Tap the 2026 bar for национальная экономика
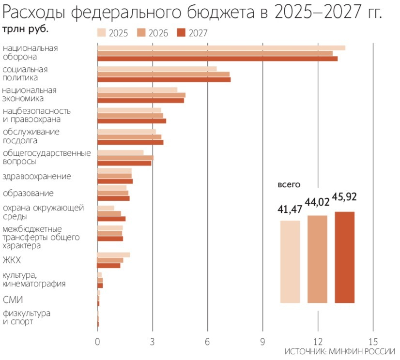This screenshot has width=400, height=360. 141,95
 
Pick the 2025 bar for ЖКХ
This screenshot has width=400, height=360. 113,255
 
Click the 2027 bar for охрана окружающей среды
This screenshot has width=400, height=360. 111,219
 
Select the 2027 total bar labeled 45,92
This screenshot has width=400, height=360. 344,257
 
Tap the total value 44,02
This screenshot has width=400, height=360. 317,201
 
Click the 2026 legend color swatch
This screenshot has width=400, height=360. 142,33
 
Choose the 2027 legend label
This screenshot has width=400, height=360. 199,33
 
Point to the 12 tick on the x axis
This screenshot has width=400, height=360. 318,341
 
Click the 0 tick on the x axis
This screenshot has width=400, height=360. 97,341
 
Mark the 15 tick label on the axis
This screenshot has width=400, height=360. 373,341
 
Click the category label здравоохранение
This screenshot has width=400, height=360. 36,177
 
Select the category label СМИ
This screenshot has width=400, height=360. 13,300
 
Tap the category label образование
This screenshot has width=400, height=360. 28,194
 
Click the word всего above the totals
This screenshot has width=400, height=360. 289,184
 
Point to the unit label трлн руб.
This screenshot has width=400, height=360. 25,29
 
